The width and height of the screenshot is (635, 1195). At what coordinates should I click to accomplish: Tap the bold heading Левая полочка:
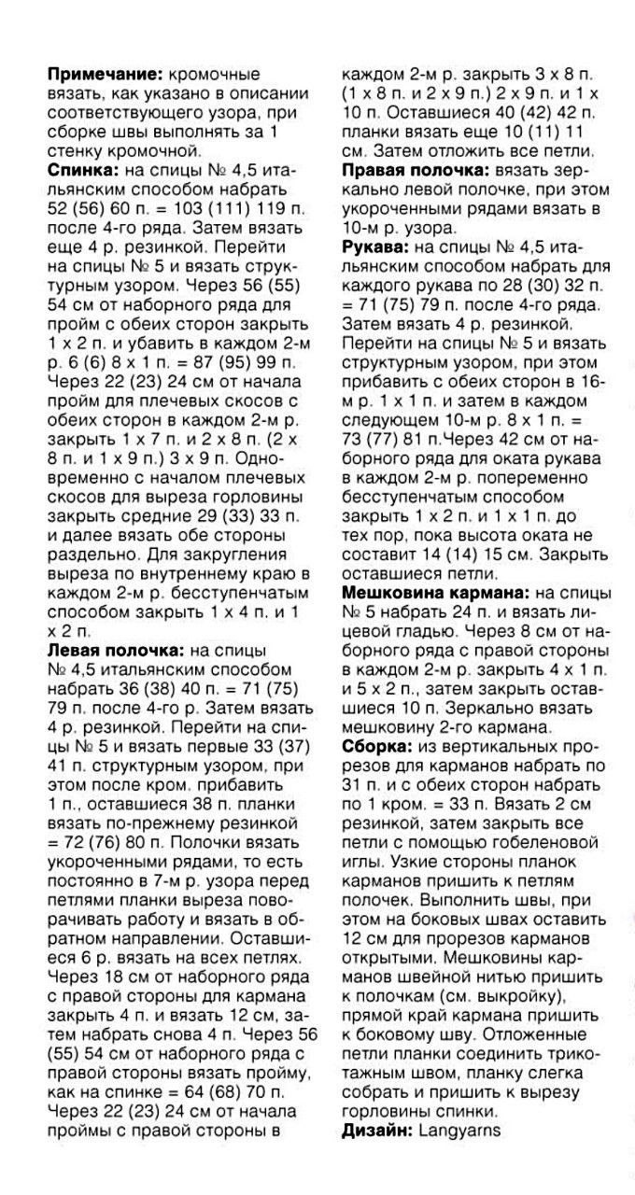(115, 649)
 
